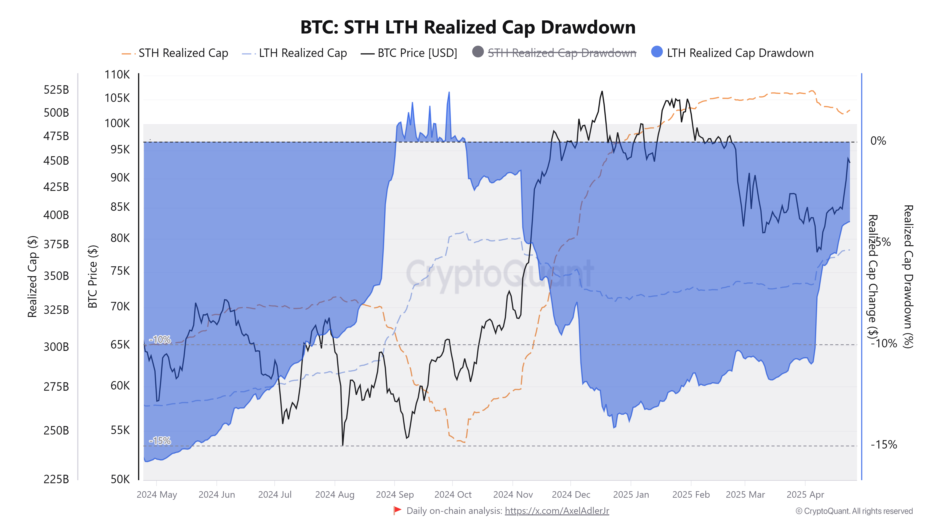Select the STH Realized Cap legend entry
183,53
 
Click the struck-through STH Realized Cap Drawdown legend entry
561,53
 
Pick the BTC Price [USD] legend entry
417,53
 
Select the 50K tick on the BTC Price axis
120,479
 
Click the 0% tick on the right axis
878,141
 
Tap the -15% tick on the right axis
884,445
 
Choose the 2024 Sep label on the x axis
395,495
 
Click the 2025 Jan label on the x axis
631,495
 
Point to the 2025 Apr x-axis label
805,495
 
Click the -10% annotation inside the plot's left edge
160,339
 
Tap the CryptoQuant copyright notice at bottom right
854,511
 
